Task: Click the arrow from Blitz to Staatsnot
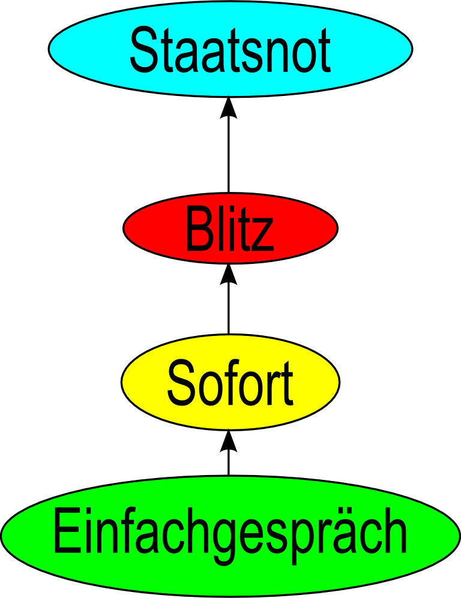(229, 150)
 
